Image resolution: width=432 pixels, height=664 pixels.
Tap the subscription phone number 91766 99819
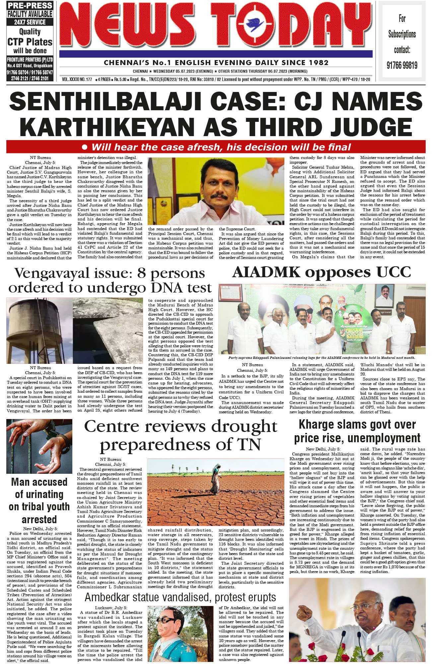pos(402,65)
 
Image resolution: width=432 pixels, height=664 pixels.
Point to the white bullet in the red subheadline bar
pos(85,147)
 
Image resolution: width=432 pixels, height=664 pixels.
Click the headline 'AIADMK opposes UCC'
pos(321,273)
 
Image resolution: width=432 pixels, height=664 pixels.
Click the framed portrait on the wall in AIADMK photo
pos(385,295)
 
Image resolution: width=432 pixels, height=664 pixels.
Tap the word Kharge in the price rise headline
pos(318,425)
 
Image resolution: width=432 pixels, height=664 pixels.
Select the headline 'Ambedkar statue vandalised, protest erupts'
pos(180,597)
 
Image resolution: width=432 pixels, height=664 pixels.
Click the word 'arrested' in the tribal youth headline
pos(39,519)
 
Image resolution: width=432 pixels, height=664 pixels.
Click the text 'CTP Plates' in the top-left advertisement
pos(30,42)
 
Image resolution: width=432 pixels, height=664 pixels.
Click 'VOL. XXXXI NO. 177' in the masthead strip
pos(77,80)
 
